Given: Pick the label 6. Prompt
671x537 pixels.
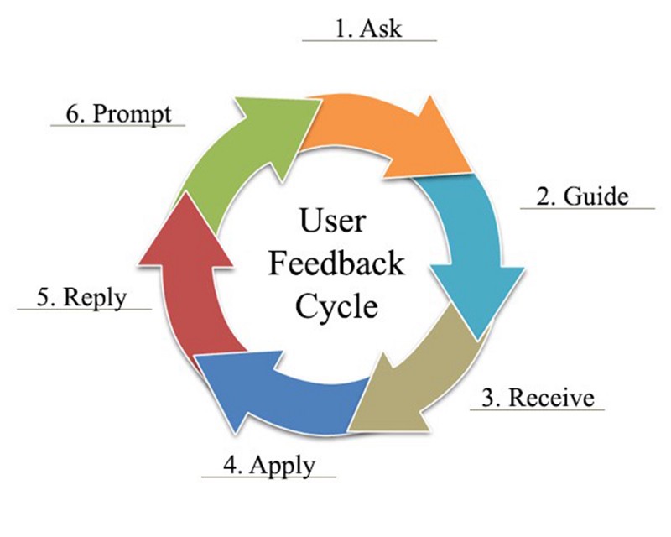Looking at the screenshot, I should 117,114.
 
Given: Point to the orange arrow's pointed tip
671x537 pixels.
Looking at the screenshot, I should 470,168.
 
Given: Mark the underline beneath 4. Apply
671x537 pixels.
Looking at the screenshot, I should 268,477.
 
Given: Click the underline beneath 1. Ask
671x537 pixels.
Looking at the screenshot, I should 369,40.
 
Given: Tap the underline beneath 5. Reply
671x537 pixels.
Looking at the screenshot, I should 84,309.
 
